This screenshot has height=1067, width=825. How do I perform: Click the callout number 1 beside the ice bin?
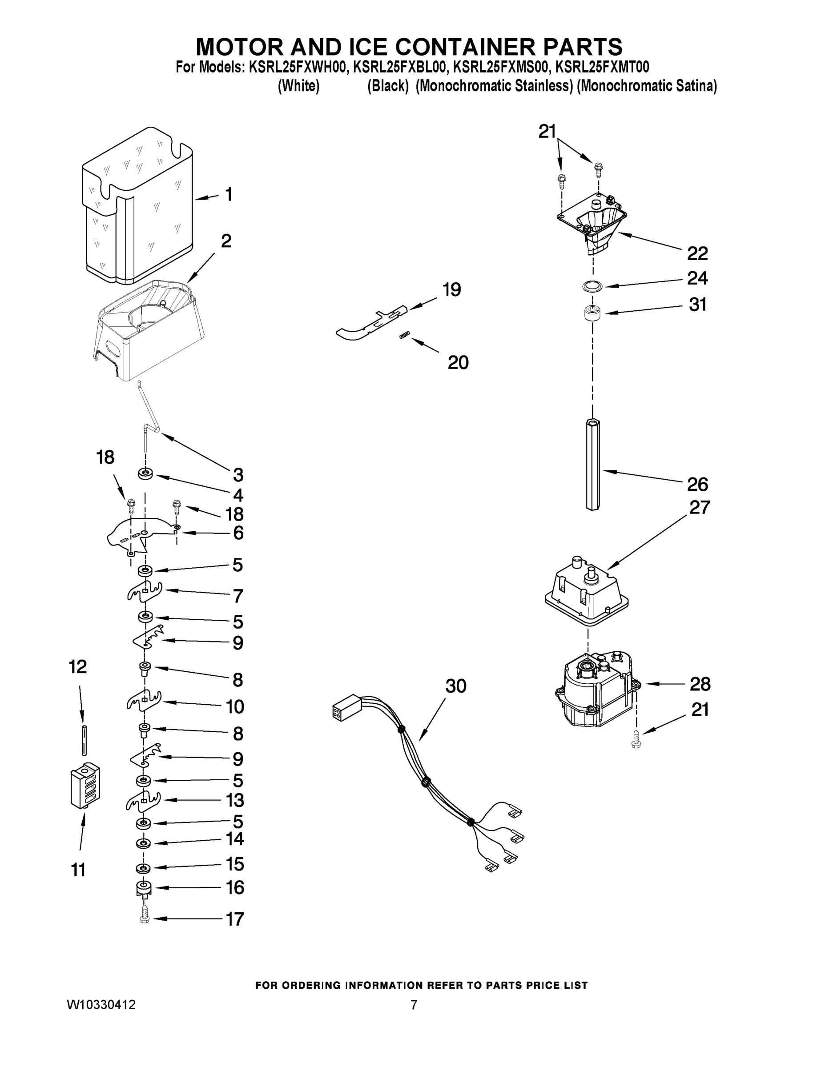[228, 195]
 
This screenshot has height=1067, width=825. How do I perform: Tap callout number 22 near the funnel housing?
[697, 253]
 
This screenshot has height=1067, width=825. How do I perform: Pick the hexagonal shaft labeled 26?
[593, 464]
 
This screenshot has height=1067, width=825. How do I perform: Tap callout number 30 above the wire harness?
[455, 686]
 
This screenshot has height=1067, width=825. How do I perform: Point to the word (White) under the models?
[298, 87]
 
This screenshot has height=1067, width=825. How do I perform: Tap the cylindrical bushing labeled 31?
[592, 313]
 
